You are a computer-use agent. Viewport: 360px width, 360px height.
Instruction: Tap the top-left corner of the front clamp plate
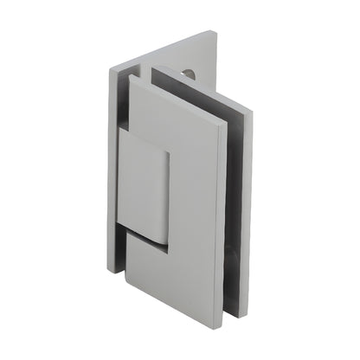pos(132,77)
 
